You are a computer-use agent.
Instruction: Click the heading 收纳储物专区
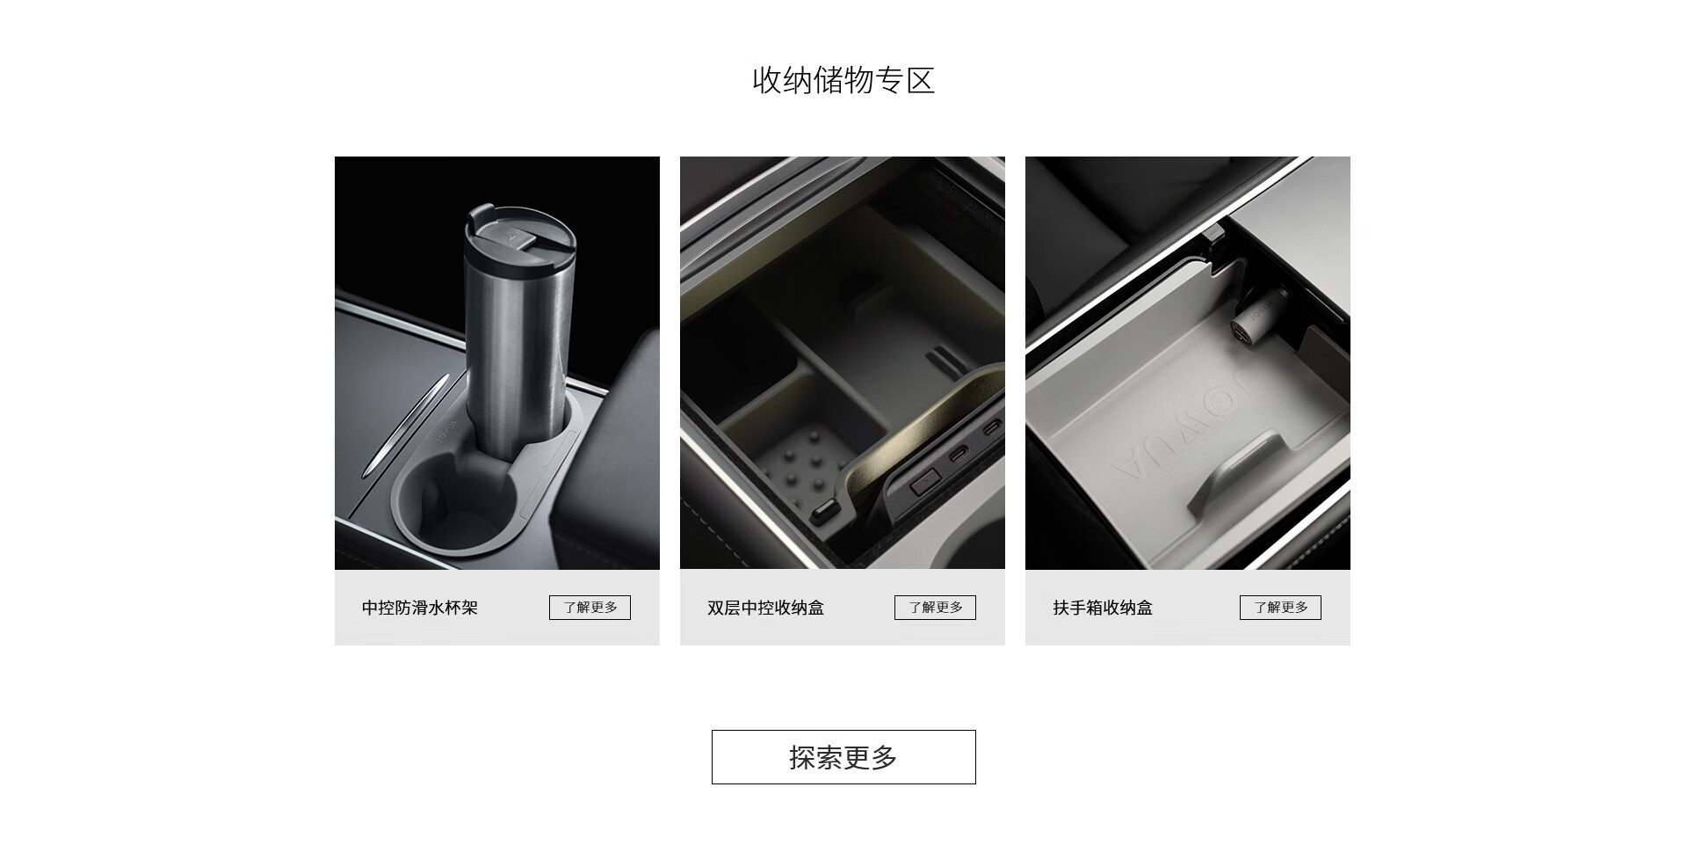[843, 80]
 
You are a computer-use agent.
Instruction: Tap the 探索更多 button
[843, 757]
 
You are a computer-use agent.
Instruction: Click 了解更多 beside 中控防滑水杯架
[590, 608]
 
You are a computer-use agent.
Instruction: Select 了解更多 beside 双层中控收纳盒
[935, 608]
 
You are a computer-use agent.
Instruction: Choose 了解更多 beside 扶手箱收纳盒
[1280, 608]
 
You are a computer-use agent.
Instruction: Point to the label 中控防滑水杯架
[420, 608]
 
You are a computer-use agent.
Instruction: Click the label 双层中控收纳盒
[765, 608]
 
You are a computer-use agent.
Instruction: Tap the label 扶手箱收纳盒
[1103, 608]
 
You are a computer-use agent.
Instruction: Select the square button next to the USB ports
[924, 481]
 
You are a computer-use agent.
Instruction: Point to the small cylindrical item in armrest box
[1249, 325]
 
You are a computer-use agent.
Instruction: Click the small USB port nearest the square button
[959, 458]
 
